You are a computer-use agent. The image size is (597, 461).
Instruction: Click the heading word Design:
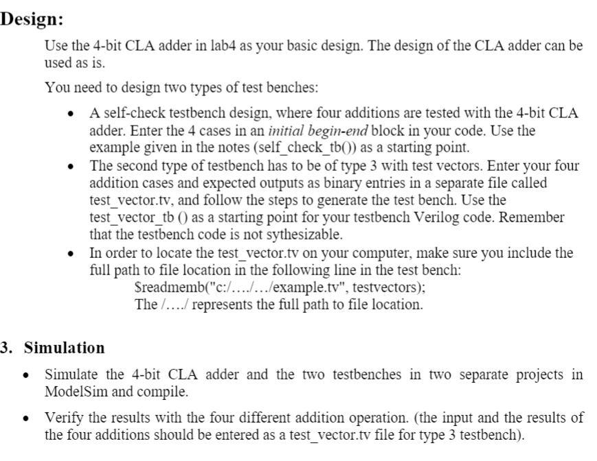tap(32, 19)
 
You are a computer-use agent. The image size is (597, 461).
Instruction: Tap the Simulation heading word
tap(65, 348)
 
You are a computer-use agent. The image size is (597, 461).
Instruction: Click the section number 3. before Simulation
tap(8, 348)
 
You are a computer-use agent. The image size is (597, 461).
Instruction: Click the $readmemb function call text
tap(164, 287)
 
